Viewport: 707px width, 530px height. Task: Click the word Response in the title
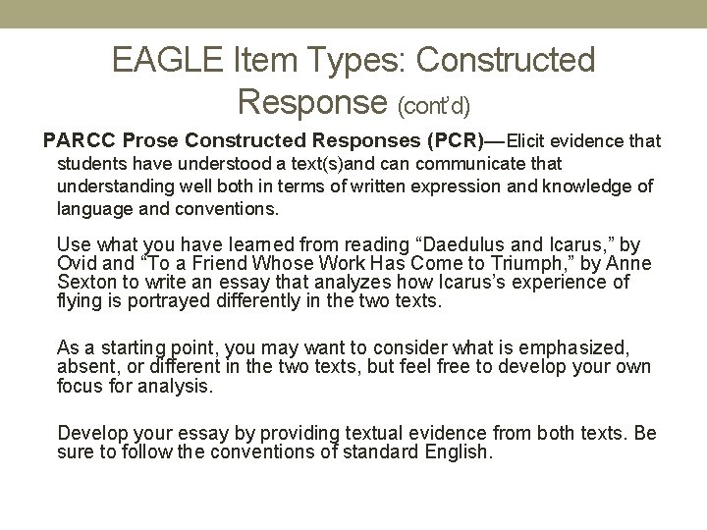pyautogui.click(x=313, y=99)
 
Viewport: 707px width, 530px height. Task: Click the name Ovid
pyautogui.click(x=77, y=263)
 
